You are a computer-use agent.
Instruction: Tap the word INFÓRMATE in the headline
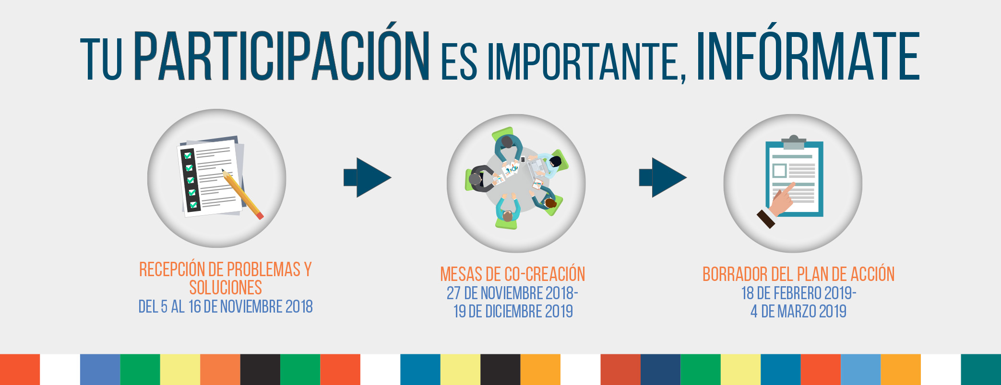click(x=808, y=52)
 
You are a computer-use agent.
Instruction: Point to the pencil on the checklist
click(x=243, y=194)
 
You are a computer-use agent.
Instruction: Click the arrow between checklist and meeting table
click(x=368, y=177)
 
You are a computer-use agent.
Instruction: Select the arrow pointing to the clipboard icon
click(x=663, y=177)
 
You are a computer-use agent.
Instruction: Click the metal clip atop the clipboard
click(x=794, y=142)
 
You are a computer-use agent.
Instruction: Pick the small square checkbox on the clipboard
click(x=780, y=171)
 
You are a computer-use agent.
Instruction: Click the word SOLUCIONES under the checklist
click(x=226, y=288)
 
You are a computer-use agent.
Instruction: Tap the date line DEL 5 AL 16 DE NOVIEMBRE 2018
click(x=226, y=307)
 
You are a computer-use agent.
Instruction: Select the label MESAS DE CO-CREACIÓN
click(x=512, y=274)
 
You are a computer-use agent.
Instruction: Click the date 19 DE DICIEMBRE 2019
click(x=513, y=312)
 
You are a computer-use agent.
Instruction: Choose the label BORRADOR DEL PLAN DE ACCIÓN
click(x=798, y=274)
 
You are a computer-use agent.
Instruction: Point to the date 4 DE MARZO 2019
click(x=798, y=312)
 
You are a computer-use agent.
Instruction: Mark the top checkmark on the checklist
click(x=188, y=155)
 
